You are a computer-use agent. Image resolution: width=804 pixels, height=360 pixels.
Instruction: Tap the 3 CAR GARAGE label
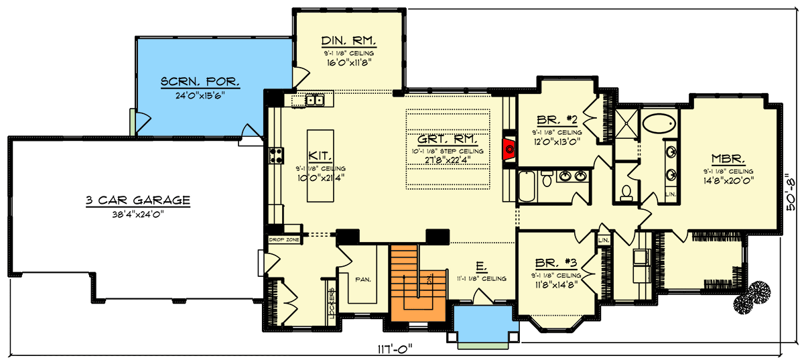(x=138, y=200)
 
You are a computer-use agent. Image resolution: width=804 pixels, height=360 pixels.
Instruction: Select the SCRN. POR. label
(x=200, y=82)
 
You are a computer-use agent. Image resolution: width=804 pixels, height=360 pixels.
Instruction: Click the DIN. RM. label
(x=348, y=41)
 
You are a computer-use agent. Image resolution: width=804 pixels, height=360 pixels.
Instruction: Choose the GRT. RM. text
(x=447, y=140)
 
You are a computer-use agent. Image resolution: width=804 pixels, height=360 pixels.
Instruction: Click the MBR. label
(x=727, y=159)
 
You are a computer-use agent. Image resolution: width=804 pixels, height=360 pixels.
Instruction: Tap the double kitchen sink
(x=314, y=101)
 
